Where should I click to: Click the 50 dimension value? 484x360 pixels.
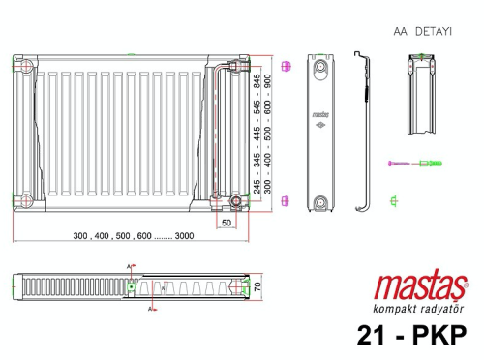coord(226,223)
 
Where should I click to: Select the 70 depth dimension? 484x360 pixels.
coord(258,287)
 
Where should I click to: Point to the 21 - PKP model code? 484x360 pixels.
coord(410,335)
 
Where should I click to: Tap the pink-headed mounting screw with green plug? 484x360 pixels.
coord(415,164)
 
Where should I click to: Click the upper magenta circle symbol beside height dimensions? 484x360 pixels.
coord(285,67)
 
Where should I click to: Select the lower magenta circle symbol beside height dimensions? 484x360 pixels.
coord(285,200)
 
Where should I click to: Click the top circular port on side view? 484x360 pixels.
coord(320,70)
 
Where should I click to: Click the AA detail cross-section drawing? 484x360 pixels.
coord(423,97)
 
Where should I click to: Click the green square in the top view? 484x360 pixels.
coord(131,286)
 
